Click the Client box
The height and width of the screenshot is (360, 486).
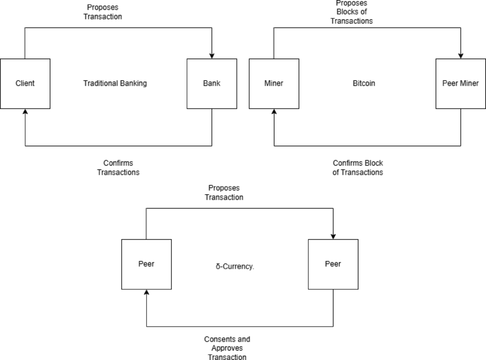(x=25, y=84)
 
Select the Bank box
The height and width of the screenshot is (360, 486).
(x=212, y=84)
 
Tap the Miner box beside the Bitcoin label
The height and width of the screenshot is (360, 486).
(x=274, y=84)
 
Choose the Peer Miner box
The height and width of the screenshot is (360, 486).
(x=460, y=84)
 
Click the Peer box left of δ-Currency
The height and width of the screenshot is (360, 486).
(x=146, y=264)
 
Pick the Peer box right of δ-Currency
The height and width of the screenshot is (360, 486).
(x=333, y=264)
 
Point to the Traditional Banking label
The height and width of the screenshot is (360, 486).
(x=115, y=84)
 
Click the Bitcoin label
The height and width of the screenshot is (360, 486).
(x=364, y=84)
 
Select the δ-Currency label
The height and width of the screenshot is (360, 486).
(x=235, y=268)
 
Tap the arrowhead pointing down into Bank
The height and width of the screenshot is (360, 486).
(x=212, y=56)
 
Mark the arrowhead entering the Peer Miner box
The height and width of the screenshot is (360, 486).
(x=460, y=56)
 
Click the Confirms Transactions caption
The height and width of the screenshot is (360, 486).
(x=118, y=167)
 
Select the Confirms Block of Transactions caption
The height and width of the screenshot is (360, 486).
(x=358, y=167)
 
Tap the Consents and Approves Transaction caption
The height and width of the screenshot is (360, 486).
(x=227, y=348)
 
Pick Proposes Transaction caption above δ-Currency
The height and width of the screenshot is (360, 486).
(x=224, y=193)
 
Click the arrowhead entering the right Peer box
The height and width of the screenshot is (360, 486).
(x=333, y=236)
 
